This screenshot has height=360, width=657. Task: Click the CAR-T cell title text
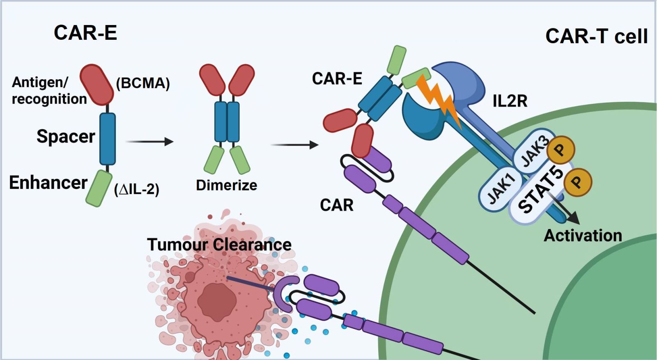[596, 36]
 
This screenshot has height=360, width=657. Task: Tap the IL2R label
[510, 101]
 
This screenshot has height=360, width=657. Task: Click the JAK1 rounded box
[500, 189]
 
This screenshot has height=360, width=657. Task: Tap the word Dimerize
[226, 185]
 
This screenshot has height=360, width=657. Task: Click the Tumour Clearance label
[219, 245]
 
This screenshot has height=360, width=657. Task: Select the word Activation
[583, 236]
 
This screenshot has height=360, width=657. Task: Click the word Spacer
[66, 136]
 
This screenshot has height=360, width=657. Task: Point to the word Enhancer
[48, 183]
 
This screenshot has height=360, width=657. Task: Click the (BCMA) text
[143, 83]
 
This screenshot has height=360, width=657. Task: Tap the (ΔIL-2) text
[137, 189]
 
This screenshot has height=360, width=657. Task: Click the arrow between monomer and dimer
[149, 142]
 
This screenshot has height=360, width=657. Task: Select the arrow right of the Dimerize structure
[294, 144]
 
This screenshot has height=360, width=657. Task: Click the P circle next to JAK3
[560, 149]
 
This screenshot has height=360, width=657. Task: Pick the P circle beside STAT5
[577, 182]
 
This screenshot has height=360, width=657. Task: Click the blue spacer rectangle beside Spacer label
[108, 139]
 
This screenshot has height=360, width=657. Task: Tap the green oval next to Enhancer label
[99, 188]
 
